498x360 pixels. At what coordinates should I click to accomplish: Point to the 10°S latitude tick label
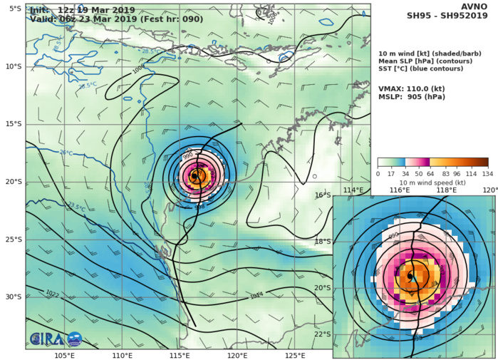pyautogui.click(x=14, y=66)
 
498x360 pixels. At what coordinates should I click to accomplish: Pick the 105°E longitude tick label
pyautogui.click(x=65, y=355)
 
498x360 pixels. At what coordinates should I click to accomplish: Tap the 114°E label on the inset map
pyautogui.click(x=353, y=190)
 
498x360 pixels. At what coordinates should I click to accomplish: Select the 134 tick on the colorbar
pyautogui.click(x=487, y=173)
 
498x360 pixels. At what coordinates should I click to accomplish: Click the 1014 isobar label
pyautogui.click(x=256, y=294)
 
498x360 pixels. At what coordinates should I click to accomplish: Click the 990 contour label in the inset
pyautogui.click(x=393, y=235)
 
